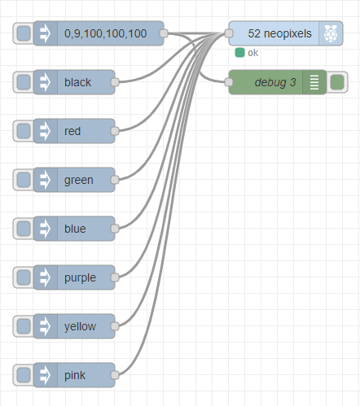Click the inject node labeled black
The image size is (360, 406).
coord(77,82)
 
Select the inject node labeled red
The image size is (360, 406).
coord(73,131)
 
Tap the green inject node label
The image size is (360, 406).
coord(78,180)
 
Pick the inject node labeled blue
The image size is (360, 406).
coord(75,229)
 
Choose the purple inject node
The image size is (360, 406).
coord(79,277)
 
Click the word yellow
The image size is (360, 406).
coord(79,326)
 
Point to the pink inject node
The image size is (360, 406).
coord(75,375)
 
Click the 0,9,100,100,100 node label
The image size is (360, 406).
coord(105,33)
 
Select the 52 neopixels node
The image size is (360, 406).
coord(279,33)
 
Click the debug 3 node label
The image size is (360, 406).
coord(275,82)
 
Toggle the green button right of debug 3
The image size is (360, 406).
coord(337,82)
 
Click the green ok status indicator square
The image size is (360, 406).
coord(239,53)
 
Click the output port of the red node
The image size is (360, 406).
coord(115,131)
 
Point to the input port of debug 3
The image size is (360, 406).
coord(229,82)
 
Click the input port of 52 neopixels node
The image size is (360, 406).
coord(229,33)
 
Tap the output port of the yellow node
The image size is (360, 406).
coord(115,326)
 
